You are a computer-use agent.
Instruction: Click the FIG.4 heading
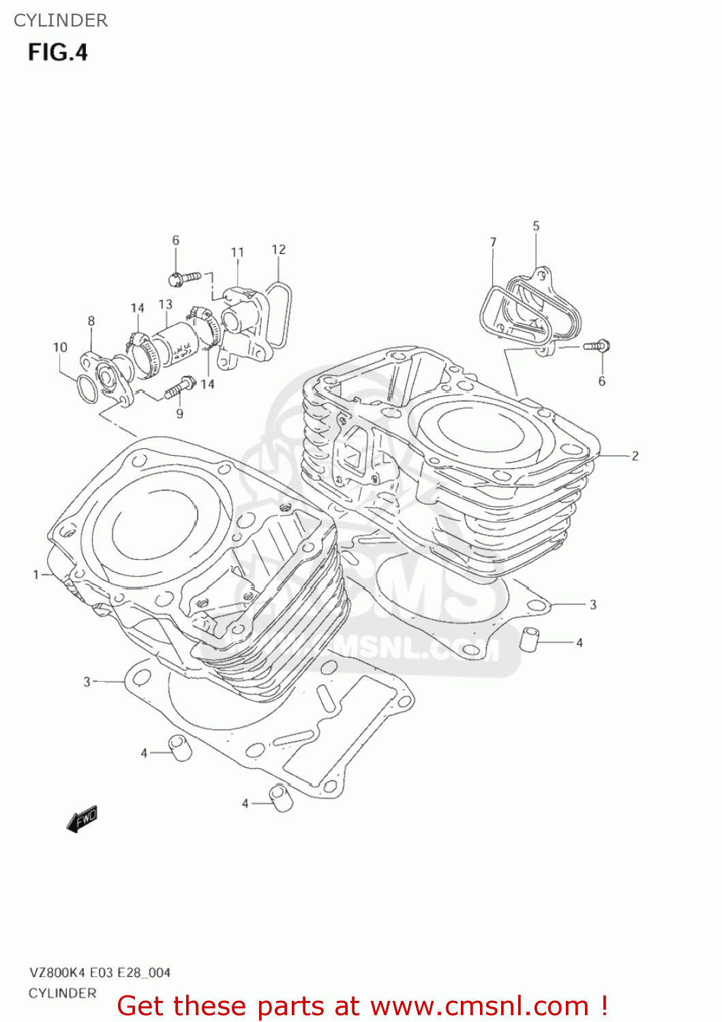pyautogui.click(x=58, y=52)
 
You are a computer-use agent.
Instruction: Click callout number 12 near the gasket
pyautogui.click(x=278, y=249)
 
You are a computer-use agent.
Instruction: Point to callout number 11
pyautogui.click(x=237, y=252)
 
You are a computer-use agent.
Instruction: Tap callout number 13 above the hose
pyautogui.click(x=166, y=304)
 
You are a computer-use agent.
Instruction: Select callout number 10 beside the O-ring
pyautogui.click(x=60, y=347)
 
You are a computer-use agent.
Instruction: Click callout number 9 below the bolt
pyautogui.click(x=180, y=413)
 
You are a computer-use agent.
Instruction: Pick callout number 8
pyautogui.click(x=91, y=320)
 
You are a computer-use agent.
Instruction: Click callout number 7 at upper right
pyautogui.click(x=493, y=242)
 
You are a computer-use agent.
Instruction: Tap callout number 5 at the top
pyautogui.click(x=536, y=226)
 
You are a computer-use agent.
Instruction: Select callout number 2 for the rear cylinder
pyautogui.click(x=635, y=456)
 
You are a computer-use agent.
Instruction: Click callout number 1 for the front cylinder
pyautogui.click(x=36, y=574)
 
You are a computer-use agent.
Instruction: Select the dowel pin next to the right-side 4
pyautogui.click(x=530, y=640)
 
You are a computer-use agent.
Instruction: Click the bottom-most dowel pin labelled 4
pyautogui.click(x=281, y=798)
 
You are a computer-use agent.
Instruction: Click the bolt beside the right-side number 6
pyautogui.click(x=599, y=345)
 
